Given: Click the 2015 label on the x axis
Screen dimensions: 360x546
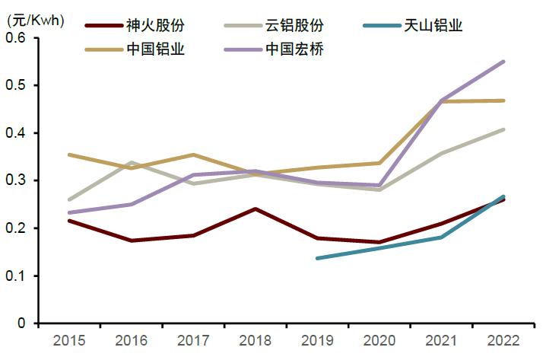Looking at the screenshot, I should click(x=70, y=339).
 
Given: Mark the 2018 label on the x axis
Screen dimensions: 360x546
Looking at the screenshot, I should click(x=256, y=339).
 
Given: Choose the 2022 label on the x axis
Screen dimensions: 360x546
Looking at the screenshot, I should click(x=503, y=339).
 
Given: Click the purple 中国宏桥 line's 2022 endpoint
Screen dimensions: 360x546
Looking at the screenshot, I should click(x=503, y=62).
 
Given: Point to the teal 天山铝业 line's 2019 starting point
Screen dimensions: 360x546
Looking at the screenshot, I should click(x=317, y=258).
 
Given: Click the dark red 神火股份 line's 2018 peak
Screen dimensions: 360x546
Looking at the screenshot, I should click(x=256, y=209).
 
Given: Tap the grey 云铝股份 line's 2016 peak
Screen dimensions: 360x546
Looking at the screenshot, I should click(x=132, y=162).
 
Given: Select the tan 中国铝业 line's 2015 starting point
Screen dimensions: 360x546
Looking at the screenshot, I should click(x=70, y=155).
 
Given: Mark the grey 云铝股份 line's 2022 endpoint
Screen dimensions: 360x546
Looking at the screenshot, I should click(x=503, y=129).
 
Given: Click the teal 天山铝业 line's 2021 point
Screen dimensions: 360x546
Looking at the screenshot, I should click(x=441, y=237).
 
